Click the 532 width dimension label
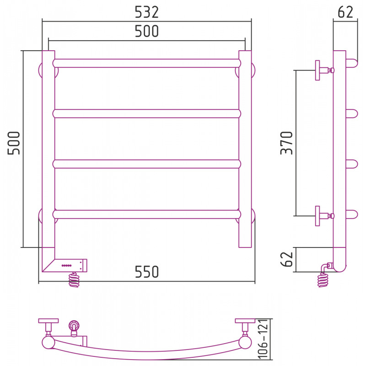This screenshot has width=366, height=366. pos(146,12)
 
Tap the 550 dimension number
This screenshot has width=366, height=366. pos(147,272)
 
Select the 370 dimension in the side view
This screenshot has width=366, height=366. pos(286,143)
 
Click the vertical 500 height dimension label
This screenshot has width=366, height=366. pos(14,143)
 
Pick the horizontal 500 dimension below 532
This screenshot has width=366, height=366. pos(147,31)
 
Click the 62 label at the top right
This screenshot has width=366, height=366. pos(345,12)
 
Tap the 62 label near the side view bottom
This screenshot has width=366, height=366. pos(286,259)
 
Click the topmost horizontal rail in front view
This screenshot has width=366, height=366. pos(146,63)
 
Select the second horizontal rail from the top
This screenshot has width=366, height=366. pos(146,113)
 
